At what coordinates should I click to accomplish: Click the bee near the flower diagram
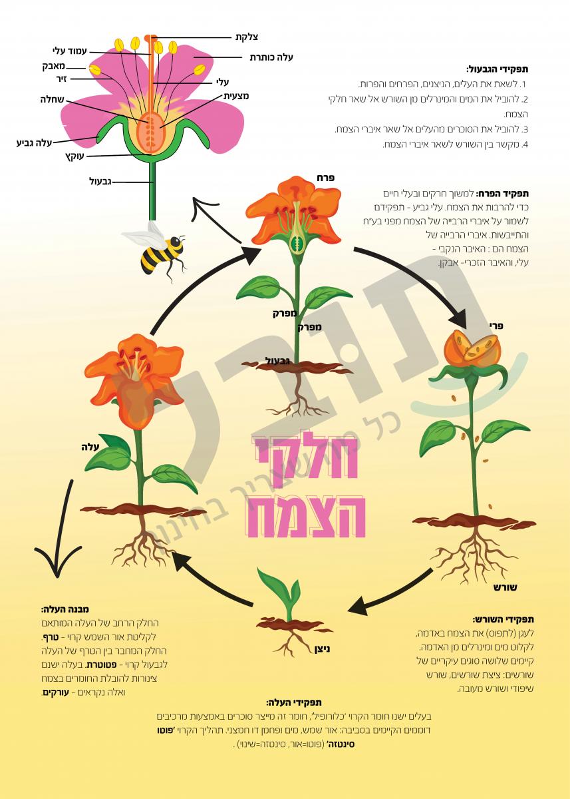[x=157, y=250]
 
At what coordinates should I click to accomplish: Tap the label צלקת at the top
[x=247, y=37]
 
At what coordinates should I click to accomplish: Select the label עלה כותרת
[x=271, y=57]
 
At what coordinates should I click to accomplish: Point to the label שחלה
[x=52, y=100]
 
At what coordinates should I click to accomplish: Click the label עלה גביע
[x=34, y=143]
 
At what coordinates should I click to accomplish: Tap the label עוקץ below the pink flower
[x=74, y=156]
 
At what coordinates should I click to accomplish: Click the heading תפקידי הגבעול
[x=498, y=69]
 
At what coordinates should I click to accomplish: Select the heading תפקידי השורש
[x=503, y=619]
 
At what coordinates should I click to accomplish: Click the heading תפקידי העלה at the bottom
[x=294, y=702]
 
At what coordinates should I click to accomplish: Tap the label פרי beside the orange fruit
[x=496, y=326]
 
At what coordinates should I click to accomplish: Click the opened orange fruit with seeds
[x=472, y=348]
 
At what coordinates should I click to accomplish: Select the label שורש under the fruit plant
[x=505, y=587]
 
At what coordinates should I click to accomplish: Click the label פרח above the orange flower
[x=326, y=178]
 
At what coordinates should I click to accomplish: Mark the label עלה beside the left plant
[x=90, y=447]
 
